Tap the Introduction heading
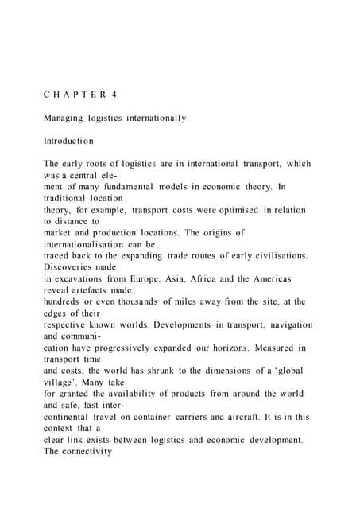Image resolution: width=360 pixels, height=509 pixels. click(x=68, y=141)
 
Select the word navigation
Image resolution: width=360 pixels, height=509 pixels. click(x=281, y=325)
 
